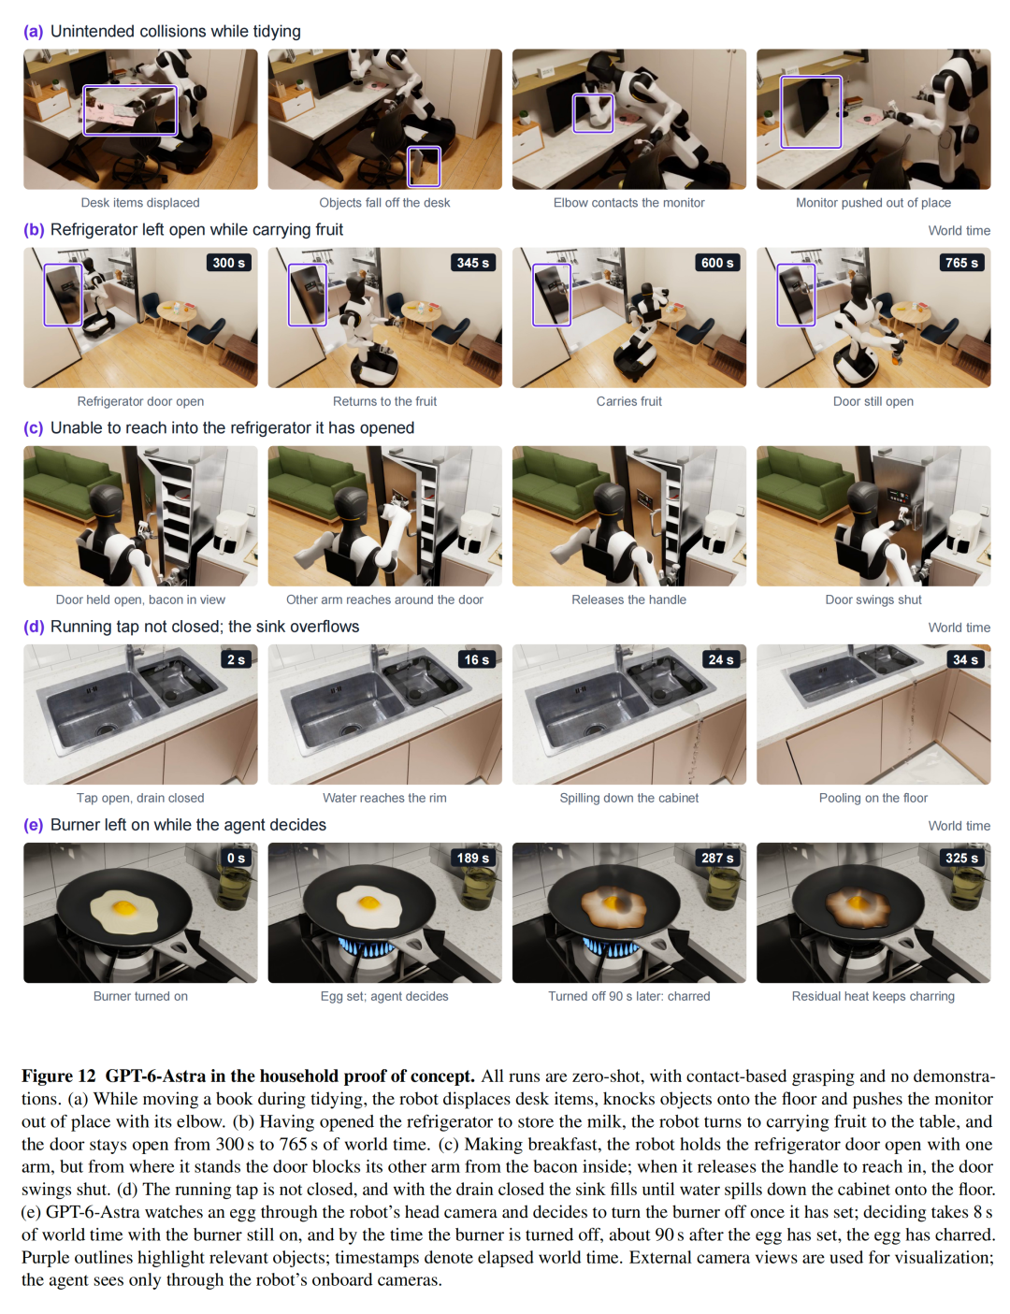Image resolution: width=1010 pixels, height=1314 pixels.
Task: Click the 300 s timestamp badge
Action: (x=228, y=262)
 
